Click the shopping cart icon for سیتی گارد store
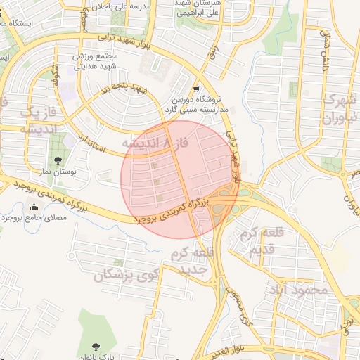[195, 89]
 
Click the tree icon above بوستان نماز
[56, 159]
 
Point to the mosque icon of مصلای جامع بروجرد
[34, 207]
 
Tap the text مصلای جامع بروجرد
[33, 218]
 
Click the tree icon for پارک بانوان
[96, 347]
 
